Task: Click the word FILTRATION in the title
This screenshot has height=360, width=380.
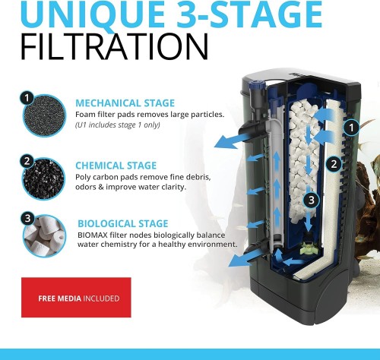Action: pyautogui.click(x=114, y=47)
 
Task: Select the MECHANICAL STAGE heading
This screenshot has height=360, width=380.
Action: pyautogui.click(x=125, y=103)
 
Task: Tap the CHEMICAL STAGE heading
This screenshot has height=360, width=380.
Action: pyautogui.click(x=116, y=165)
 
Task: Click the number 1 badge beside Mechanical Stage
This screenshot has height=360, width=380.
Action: pyautogui.click(x=27, y=98)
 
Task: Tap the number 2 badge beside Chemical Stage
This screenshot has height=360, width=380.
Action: pyautogui.click(x=27, y=160)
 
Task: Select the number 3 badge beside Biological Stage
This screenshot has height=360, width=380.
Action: pyautogui.click(x=27, y=218)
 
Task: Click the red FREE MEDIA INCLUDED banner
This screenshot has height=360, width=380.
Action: pyautogui.click(x=76, y=298)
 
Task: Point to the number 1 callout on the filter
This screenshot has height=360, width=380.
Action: pyautogui.click(x=352, y=127)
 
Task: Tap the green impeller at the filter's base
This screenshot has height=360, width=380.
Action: pyautogui.click(x=307, y=225)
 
